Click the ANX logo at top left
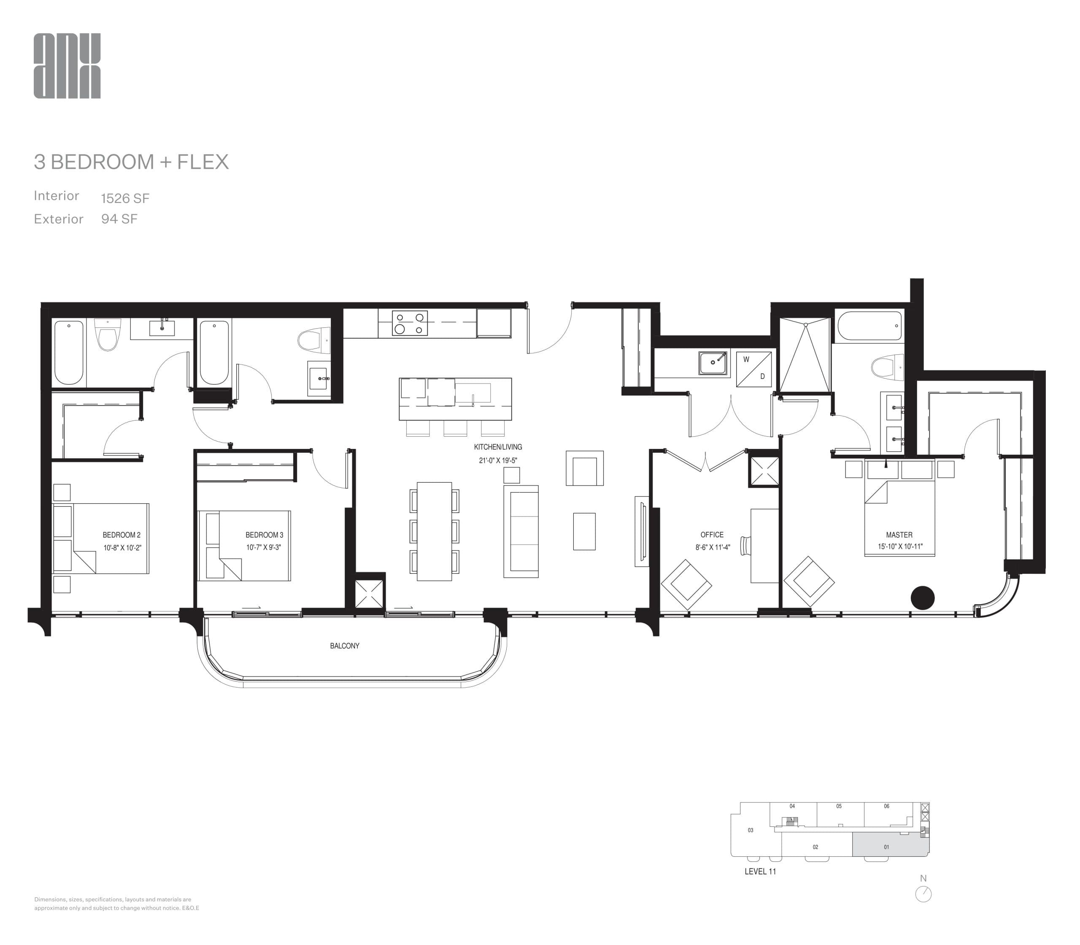click(67, 66)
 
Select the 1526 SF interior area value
click(125, 198)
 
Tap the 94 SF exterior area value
click(119, 219)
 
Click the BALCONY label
click(344, 645)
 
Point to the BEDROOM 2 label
click(121, 535)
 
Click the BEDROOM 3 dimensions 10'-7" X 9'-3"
click(263, 548)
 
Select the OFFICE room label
click(712, 535)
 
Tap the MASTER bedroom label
click(899, 535)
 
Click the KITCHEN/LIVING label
click(498, 447)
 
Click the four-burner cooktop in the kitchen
click(410, 323)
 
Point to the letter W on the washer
click(746, 359)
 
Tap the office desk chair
click(745, 545)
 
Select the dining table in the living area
click(434, 531)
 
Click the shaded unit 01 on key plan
click(886, 847)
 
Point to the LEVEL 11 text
click(760, 871)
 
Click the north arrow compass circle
click(923, 894)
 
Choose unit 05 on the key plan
click(839, 806)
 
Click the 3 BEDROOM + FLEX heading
click(131, 162)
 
